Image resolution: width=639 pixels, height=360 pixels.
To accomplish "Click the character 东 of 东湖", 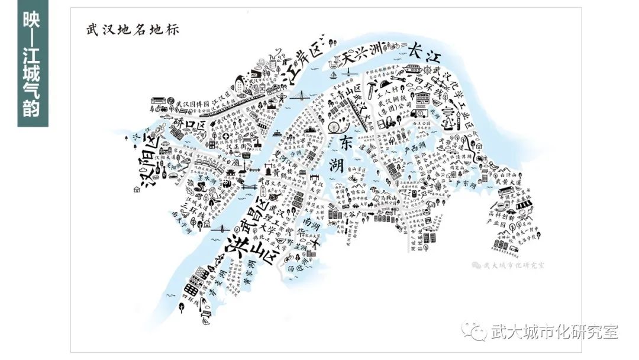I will (x=346, y=143).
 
